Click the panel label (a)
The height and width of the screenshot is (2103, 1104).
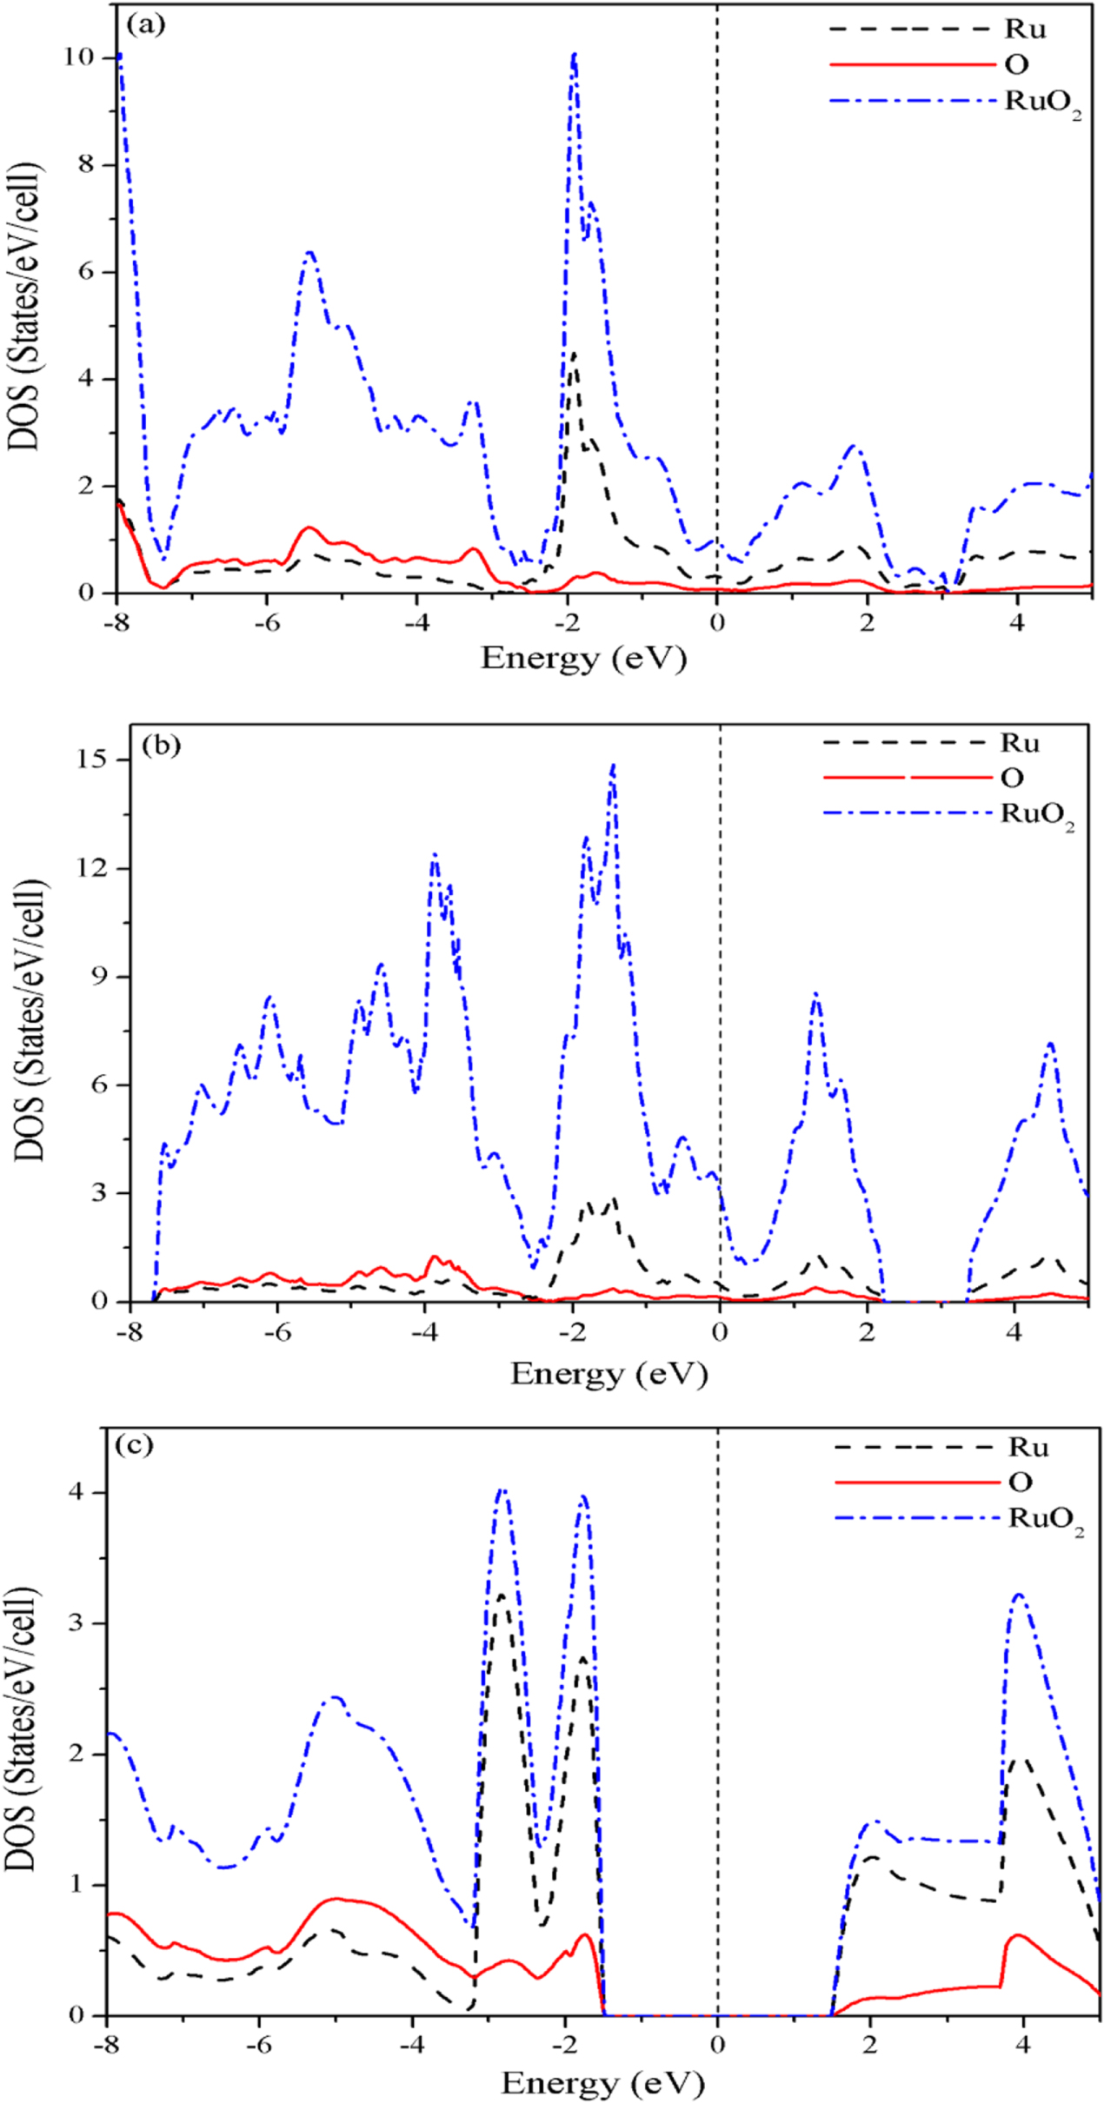[145, 25]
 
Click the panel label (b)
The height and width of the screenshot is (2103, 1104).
[161, 745]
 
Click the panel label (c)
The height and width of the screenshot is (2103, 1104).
[134, 1444]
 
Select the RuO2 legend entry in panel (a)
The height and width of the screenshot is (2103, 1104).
[1042, 102]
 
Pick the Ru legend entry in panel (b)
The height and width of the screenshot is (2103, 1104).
[1020, 743]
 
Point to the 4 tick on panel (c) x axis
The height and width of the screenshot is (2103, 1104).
[1022, 2045]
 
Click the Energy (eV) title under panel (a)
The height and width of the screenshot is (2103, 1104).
[583, 658]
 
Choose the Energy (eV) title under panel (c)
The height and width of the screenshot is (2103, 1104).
[602, 2082]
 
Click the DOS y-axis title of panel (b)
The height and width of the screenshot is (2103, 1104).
[31, 1018]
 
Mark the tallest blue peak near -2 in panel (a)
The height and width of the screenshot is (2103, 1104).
[574, 55]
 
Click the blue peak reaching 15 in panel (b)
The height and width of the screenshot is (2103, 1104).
[614, 765]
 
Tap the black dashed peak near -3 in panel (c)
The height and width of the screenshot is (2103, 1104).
[502, 1595]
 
